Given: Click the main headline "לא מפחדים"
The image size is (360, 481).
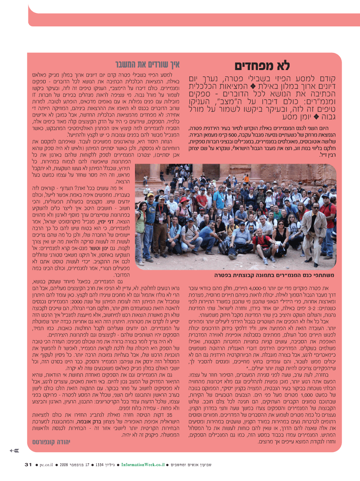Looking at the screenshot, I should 262,66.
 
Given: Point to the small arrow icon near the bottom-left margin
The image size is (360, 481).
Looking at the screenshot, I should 14,451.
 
